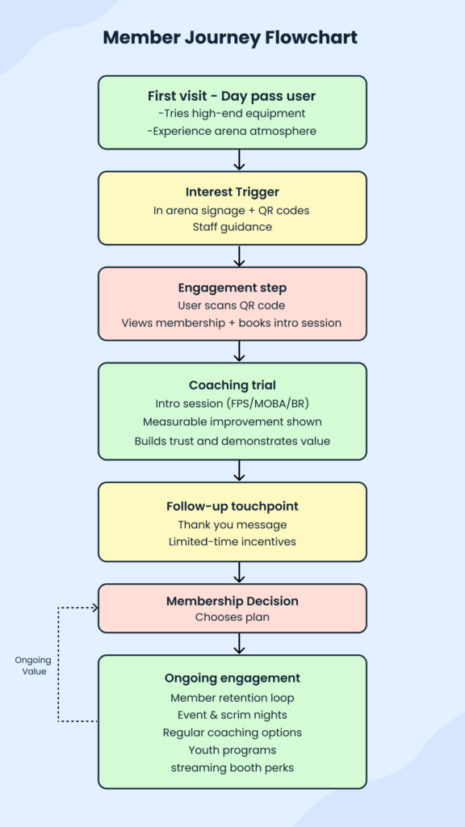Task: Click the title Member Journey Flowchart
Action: (x=232, y=37)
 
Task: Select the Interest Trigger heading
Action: (x=232, y=191)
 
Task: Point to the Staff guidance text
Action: (x=232, y=227)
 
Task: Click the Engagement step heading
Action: (x=232, y=288)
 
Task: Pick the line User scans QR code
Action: (x=232, y=305)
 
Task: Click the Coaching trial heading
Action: (x=232, y=384)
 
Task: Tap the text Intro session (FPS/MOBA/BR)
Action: (x=232, y=403)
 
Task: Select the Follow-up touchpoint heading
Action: (x=232, y=506)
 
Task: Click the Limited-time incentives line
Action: (x=232, y=541)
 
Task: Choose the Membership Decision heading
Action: (x=232, y=601)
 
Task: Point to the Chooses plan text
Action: (x=232, y=618)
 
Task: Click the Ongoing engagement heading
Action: (x=232, y=678)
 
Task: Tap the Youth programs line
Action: (x=232, y=749)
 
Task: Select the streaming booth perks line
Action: (x=232, y=767)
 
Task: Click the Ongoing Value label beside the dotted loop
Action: (x=32, y=665)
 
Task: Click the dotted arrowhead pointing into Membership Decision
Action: (x=94, y=607)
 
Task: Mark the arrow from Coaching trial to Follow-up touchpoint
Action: (x=239, y=471)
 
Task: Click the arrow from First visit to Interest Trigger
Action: (x=239, y=160)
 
